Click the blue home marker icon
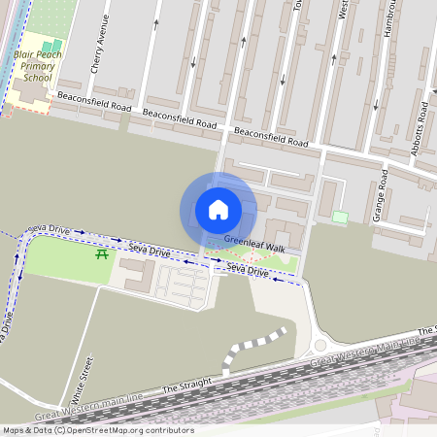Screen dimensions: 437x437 click(x=218, y=210)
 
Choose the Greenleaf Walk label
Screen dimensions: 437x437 click(x=254, y=247)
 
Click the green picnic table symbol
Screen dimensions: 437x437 click(x=102, y=254)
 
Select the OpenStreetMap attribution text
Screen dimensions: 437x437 click(x=97, y=430)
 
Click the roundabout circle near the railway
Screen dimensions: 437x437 click(x=321, y=344)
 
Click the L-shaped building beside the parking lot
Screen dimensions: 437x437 click(x=138, y=277)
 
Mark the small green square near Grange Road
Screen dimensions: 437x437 click(x=339, y=217)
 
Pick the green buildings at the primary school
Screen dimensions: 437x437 click(x=51, y=46)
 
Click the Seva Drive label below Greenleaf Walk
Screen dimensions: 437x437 click(x=248, y=269)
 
